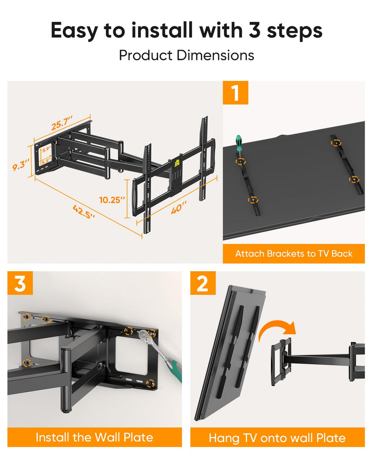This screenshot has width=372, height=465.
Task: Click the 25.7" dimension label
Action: pos(62,123)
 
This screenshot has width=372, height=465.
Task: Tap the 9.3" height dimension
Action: pos(20,166)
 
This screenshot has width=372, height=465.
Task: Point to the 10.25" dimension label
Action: pos(112,200)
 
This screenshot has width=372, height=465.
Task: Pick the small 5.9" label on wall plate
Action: pos(46,149)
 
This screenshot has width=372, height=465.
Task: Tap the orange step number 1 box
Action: pos(235,93)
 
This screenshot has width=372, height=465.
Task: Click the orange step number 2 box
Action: pos(203,283)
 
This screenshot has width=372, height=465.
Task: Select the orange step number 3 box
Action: pos(20,283)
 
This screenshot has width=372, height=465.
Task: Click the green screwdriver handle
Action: pos(238,143)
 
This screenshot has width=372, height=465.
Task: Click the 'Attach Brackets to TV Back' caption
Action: pos(294,254)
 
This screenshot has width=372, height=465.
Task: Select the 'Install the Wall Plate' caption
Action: pos(94,437)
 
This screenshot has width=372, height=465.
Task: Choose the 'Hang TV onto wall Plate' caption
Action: pos(277,438)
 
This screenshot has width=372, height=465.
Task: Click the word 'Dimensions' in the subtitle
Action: pos(215,55)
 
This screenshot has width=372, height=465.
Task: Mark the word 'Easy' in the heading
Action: pos(74,31)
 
